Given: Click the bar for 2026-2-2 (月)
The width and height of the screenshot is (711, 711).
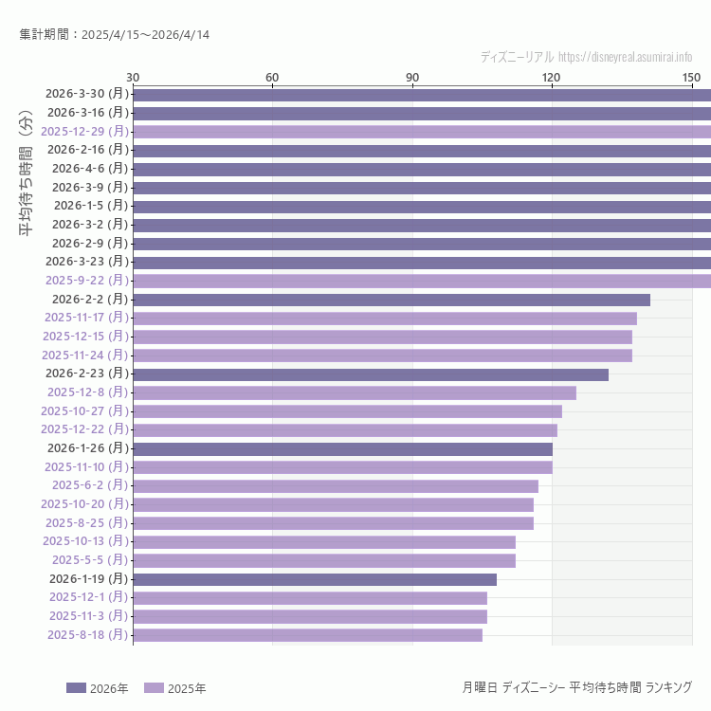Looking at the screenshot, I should [392, 300].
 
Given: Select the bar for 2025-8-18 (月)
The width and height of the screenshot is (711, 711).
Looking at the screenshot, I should [307, 635].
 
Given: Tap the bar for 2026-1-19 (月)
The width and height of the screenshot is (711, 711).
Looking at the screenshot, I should [315, 579].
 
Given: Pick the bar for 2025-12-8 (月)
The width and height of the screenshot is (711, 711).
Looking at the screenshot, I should [355, 392].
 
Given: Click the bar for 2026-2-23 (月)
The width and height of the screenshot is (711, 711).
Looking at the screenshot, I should [371, 374].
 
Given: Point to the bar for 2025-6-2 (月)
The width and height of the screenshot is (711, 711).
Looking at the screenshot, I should [336, 485].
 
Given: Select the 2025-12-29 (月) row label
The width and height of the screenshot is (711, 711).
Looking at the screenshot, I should [85, 131].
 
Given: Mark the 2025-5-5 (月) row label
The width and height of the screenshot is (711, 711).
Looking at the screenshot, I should [90, 560].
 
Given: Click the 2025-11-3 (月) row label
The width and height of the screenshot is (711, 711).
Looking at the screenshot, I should [88, 616].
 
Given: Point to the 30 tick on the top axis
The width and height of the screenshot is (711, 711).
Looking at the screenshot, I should [133, 77].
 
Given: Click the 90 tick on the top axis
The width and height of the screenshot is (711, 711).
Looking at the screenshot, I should [412, 77].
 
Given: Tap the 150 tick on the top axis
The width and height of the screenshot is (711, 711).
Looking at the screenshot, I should [691, 77].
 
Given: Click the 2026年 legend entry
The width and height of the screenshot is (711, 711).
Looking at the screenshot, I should [97, 688].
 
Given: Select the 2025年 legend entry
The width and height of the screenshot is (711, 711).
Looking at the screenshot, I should [174, 688].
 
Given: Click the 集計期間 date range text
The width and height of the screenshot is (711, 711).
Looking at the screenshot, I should [115, 35].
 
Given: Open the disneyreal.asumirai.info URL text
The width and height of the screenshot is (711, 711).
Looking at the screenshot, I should [625, 57].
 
